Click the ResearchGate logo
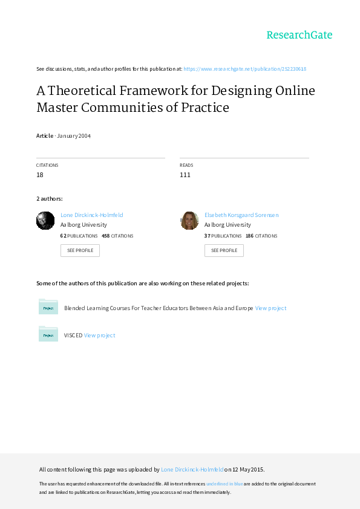point(299,35)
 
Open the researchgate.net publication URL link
point(244,69)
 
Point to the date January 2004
point(74,135)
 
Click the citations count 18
point(40,175)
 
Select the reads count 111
point(185,175)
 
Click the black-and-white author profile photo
point(45,221)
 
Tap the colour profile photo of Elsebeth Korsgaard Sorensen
point(189,221)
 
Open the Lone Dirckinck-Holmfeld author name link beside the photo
point(91,215)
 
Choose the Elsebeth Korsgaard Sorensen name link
point(241,215)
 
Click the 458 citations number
point(106,236)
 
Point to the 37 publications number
point(208,236)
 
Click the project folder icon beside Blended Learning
point(48,306)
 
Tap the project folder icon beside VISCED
point(48,334)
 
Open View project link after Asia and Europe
point(270,308)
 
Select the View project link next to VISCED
point(99,336)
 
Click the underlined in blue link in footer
point(224,484)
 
